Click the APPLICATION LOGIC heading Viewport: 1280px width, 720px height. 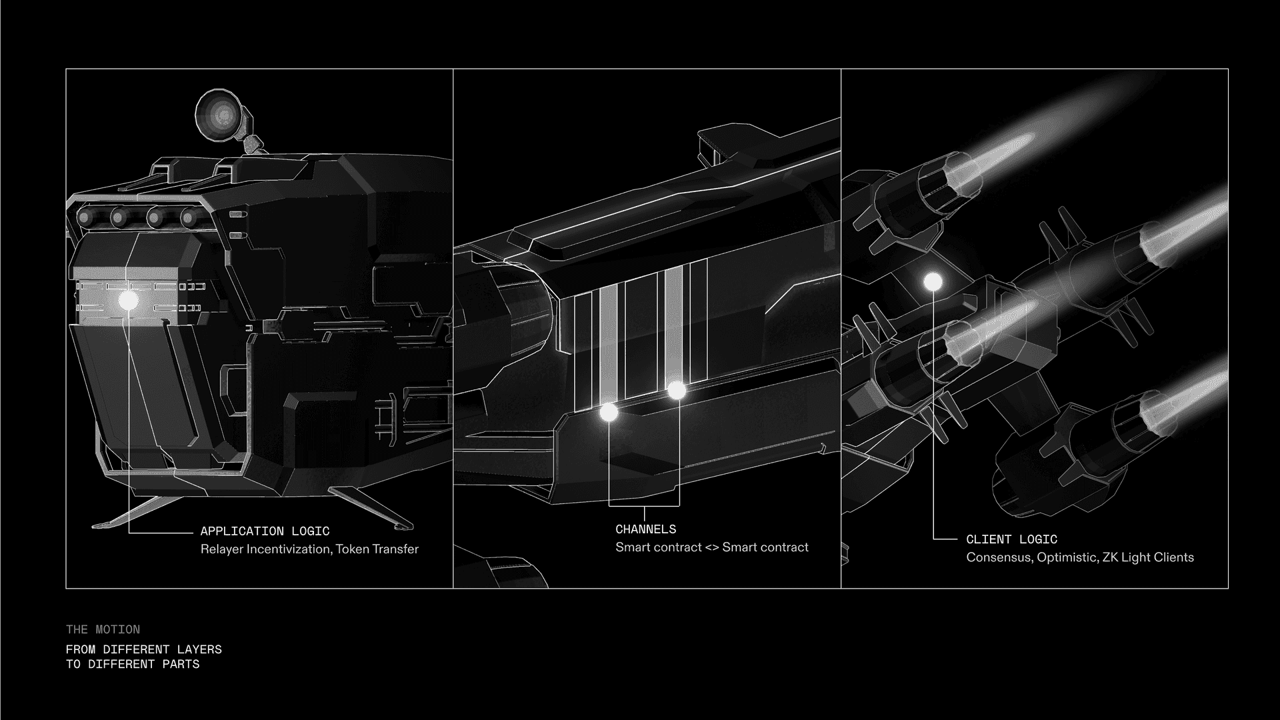pyautogui.click(x=265, y=531)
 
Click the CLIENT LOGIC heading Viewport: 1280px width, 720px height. pyautogui.click(x=1011, y=539)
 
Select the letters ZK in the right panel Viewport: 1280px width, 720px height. pyautogui.click(x=1110, y=557)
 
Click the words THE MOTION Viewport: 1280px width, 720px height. pyautogui.click(x=103, y=629)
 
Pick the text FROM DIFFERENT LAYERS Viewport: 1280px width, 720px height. pyautogui.click(x=144, y=649)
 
